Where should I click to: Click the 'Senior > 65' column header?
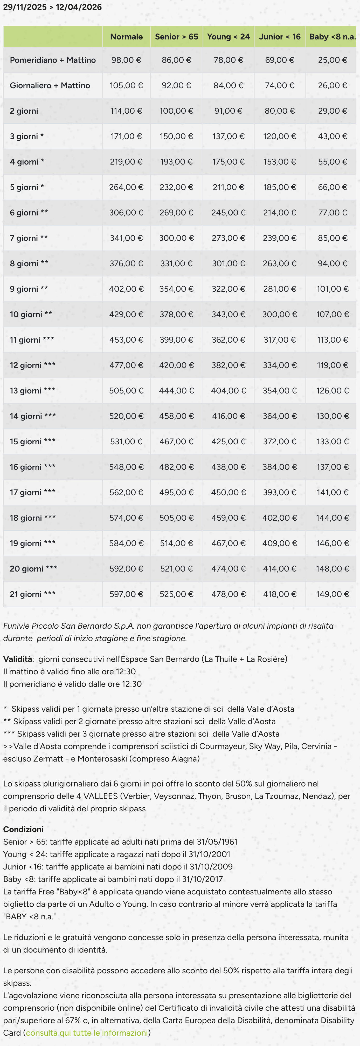click(x=177, y=37)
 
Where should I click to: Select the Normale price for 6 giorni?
click(x=126, y=212)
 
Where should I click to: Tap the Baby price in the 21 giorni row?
click(x=333, y=594)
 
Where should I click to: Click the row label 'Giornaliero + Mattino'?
click(x=50, y=85)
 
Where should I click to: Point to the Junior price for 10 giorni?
click(x=280, y=314)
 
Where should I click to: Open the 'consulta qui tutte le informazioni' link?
click(x=87, y=1033)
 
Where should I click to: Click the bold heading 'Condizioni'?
click(x=23, y=829)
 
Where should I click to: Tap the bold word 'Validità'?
click(x=17, y=659)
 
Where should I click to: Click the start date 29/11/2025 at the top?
click(x=25, y=7)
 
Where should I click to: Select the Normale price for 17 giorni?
click(x=126, y=492)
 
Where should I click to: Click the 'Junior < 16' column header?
click(x=280, y=37)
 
